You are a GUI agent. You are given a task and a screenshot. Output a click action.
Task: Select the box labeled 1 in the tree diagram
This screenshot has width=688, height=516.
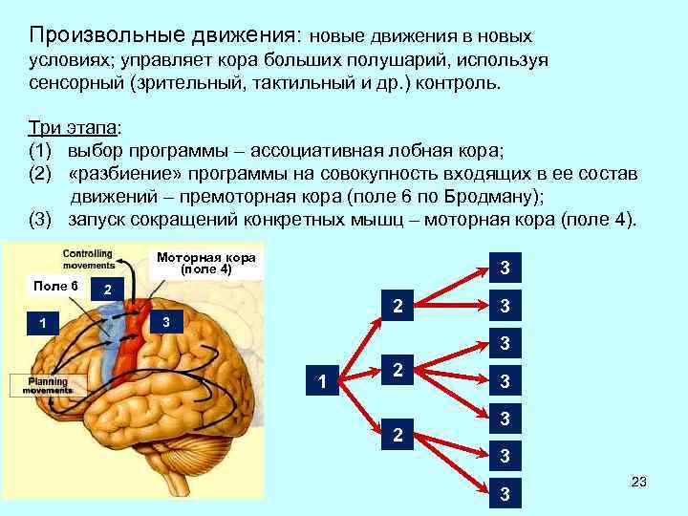point(322,382)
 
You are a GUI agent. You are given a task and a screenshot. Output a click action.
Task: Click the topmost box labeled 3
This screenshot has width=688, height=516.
point(505,267)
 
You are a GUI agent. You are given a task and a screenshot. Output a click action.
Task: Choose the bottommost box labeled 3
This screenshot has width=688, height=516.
point(505,494)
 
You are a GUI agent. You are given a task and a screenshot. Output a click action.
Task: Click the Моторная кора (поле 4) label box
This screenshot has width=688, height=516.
point(207,264)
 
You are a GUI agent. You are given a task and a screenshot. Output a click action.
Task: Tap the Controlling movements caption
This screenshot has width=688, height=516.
point(87,260)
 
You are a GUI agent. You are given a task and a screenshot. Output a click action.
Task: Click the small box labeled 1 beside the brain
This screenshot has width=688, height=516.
point(43,322)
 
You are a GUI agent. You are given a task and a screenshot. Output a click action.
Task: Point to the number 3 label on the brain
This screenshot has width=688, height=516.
point(166,321)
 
